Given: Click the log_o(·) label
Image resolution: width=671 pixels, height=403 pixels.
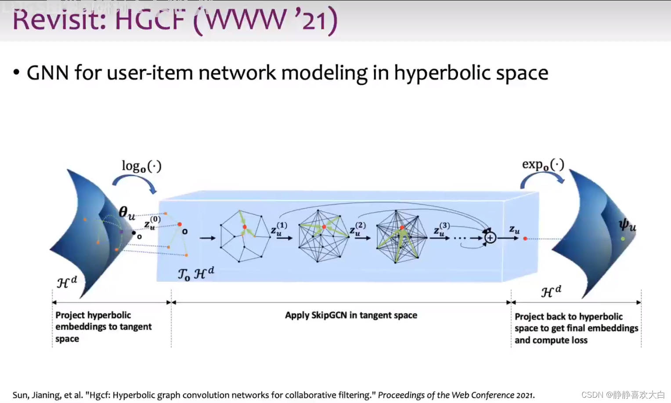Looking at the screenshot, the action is coord(141,166).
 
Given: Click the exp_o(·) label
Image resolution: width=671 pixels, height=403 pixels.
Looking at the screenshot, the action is coord(543,165).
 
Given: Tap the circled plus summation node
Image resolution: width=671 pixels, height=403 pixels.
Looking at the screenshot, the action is coord(490,238).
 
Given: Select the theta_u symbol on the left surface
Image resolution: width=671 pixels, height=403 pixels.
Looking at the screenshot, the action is coord(127,213).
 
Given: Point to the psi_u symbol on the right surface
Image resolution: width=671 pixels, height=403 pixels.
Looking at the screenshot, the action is coord(627,225).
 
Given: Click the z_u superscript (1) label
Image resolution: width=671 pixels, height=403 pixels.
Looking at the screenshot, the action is coord(278,229).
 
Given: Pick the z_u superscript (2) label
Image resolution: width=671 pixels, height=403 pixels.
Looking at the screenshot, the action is coord(357,229).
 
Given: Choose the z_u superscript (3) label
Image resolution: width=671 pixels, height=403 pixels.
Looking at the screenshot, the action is coord(441,229).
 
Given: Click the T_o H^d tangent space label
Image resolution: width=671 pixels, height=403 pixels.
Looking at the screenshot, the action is coord(196,273).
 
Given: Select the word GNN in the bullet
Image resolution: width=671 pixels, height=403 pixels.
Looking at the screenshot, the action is coord(47,73).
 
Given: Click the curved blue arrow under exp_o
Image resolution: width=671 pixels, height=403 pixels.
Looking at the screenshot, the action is coord(542,178).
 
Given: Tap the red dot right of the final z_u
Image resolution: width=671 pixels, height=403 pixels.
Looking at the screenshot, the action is coord(525,238).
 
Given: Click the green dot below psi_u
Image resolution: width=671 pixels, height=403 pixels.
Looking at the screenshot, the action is coord(623,239).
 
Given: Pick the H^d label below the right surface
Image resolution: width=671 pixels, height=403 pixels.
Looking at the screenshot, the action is coord(551,291).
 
